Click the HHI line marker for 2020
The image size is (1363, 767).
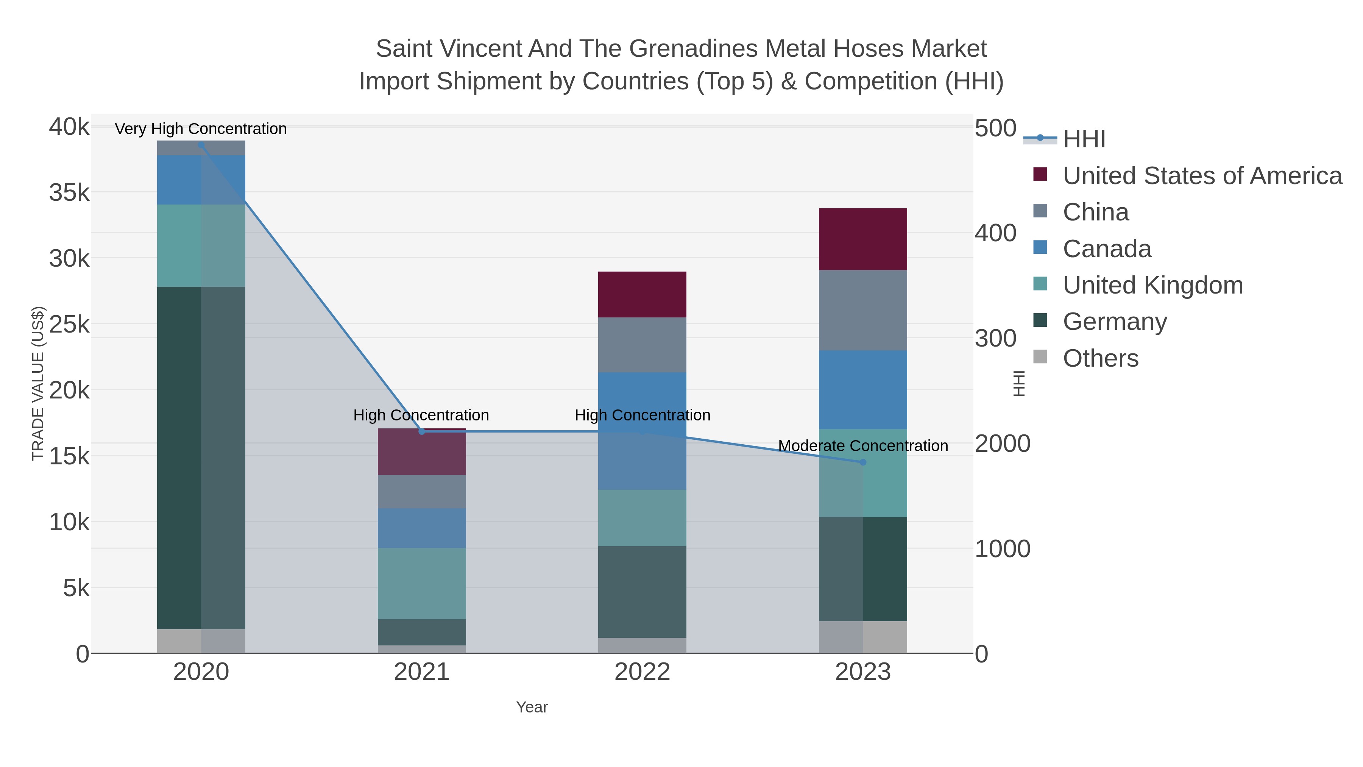201,145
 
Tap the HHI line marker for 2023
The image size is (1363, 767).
863,462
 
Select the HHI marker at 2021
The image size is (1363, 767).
422,431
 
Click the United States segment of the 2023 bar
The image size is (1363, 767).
863,239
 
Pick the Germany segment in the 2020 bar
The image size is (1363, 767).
201,458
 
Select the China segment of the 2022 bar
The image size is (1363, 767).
643,345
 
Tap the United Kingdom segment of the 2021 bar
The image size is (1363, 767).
422,583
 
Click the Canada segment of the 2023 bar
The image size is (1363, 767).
863,390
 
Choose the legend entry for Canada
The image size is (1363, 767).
1107,249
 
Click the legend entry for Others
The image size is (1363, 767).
1101,358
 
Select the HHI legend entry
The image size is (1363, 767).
1084,139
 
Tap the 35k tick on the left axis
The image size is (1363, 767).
69,193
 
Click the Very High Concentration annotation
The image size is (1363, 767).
201,129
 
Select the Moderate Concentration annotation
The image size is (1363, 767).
863,446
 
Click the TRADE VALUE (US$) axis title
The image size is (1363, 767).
38,383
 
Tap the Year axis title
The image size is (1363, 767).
532,707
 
